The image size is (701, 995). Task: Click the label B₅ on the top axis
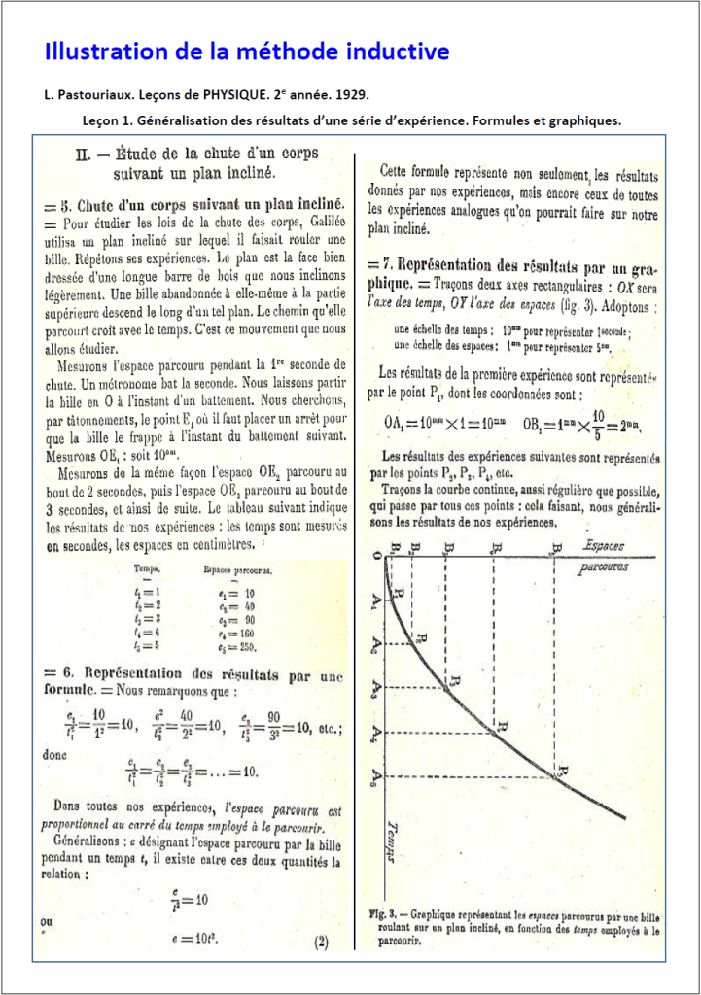point(554,547)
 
